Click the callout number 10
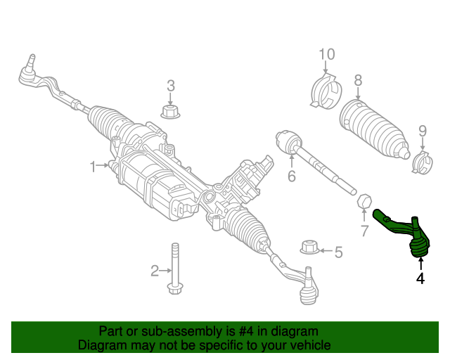pos(327,54)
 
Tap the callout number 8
pos(358,81)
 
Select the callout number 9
pos(423,131)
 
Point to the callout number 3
pos(171,86)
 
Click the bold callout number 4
pos(420,278)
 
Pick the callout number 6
pos(292,176)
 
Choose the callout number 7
pos(364,231)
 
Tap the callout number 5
pos(339,252)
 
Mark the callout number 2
pos(155,271)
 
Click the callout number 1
pos(93,167)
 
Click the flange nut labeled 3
pos(170,111)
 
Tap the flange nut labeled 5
pos(309,247)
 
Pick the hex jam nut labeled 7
pos(364,200)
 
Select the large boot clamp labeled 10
pos(326,91)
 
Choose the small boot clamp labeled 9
pos(422,162)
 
